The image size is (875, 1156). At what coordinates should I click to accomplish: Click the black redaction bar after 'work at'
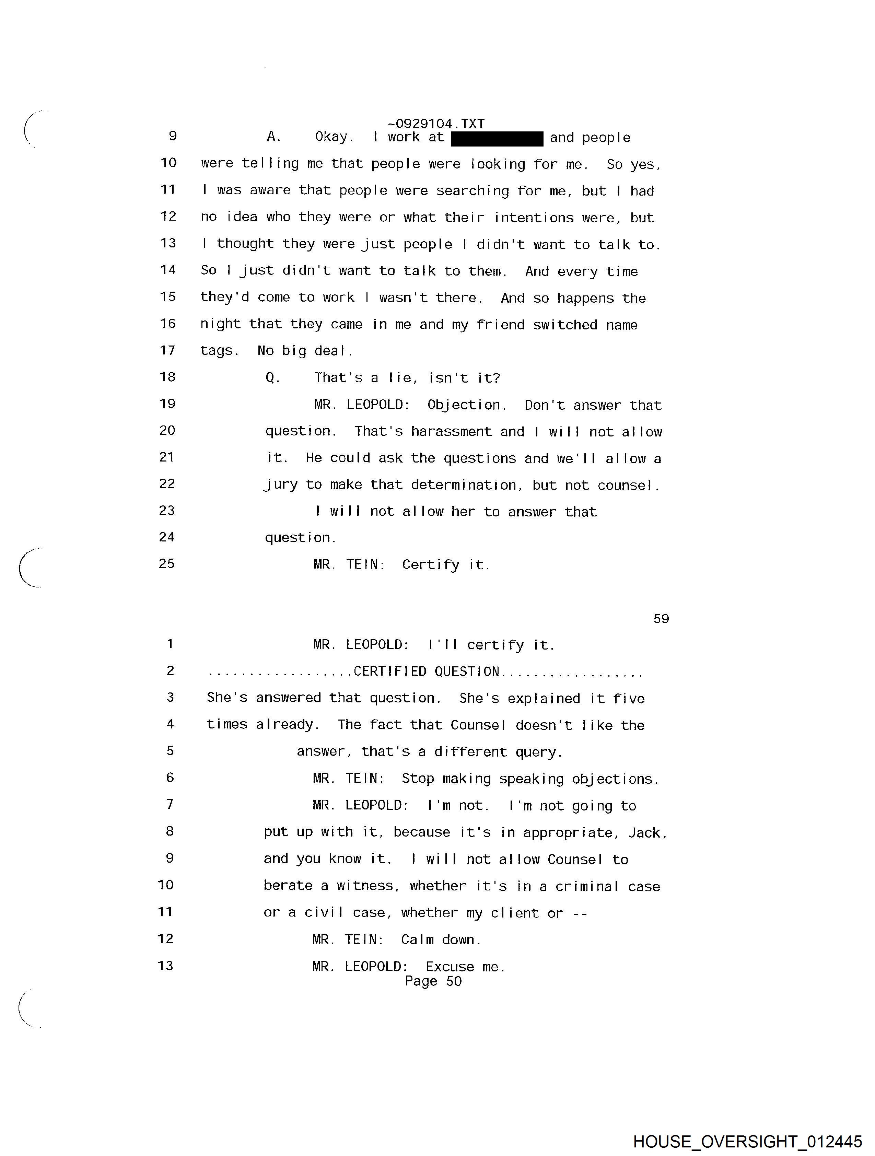497,139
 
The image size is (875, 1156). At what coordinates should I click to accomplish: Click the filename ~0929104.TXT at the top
436,124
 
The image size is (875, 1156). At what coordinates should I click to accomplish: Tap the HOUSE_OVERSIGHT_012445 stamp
747,1141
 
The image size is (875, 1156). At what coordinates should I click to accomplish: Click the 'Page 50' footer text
433,981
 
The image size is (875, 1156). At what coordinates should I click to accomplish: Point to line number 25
167,564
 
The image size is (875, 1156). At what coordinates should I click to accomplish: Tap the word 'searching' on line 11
472,191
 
